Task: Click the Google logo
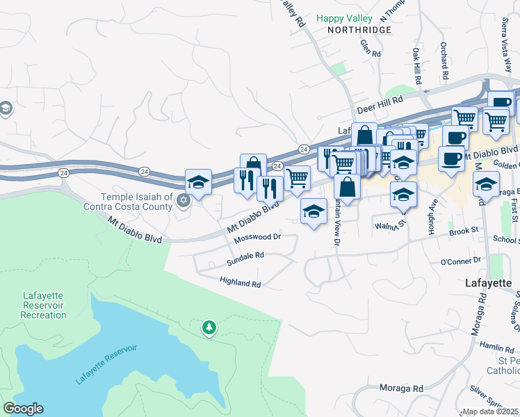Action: pyautogui.click(x=23, y=409)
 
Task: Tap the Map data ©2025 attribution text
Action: pyautogui.click(x=491, y=411)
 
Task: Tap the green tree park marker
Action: pyautogui.click(x=209, y=327)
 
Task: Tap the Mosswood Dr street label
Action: pyautogui.click(x=257, y=237)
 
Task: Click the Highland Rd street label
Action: pyautogui.click(x=240, y=284)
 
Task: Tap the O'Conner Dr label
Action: pyautogui.click(x=460, y=261)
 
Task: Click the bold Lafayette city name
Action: pyautogui.click(x=488, y=284)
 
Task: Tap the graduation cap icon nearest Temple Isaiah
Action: pyautogui.click(x=198, y=182)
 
